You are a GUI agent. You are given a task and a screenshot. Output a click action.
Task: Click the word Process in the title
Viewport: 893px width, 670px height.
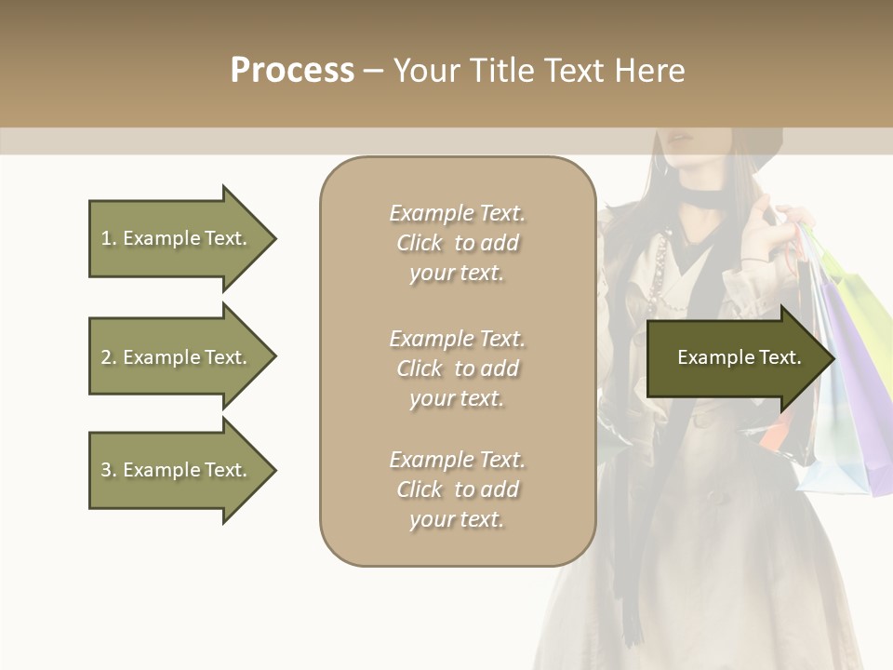[x=292, y=71]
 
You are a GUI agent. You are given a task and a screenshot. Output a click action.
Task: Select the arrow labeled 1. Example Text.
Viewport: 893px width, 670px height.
[x=177, y=238]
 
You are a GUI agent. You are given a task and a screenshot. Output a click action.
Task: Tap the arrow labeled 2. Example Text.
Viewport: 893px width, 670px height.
[x=177, y=357]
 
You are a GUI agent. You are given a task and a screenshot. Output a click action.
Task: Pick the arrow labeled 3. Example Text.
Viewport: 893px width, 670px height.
[x=177, y=470]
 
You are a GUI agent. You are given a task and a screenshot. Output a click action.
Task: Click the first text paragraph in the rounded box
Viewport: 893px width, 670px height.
[x=457, y=243]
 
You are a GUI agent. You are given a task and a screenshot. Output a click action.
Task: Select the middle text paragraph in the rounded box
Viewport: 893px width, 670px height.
[x=457, y=368]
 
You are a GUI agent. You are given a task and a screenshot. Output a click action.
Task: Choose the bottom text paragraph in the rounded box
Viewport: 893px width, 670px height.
[x=457, y=489]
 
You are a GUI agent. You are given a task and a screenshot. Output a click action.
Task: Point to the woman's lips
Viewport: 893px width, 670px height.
[x=682, y=139]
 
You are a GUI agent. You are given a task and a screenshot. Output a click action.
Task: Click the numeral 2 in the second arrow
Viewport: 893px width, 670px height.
[x=106, y=357]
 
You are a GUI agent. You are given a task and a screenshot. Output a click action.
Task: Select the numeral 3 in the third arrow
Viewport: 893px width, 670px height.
[x=106, y=470]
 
